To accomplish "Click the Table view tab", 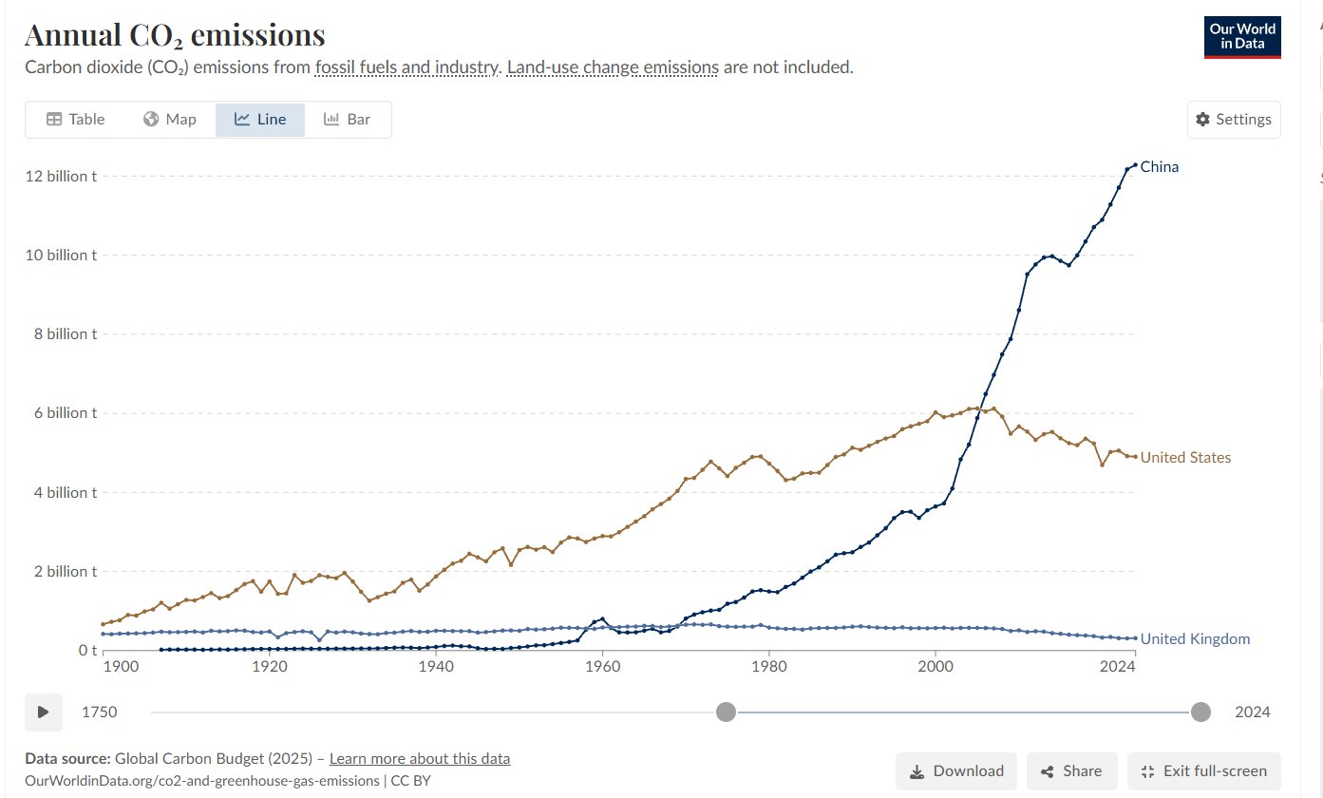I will tap(76, 120).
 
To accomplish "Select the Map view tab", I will tap(170, 120).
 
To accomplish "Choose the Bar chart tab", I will tap(348, 120).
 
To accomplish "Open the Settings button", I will tap(1234, 120).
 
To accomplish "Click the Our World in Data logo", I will tap(1242, 37).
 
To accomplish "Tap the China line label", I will tap(1160, 167).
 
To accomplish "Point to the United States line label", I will tap(1185, 458).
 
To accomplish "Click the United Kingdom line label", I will tap(1195, 639).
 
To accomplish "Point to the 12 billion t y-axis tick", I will tap(60, 177).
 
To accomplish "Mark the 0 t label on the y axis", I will tap(87, 651).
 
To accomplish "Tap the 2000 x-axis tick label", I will tap(936, 667).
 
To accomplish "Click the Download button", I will tap(956, 771).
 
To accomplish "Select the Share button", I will tap(1071, 771).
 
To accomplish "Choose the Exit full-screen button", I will tap(1203, 771).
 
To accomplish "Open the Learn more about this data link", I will tap(420, 759).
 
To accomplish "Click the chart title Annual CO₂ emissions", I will tap(175, 35).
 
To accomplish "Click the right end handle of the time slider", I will tap(1200, 712).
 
